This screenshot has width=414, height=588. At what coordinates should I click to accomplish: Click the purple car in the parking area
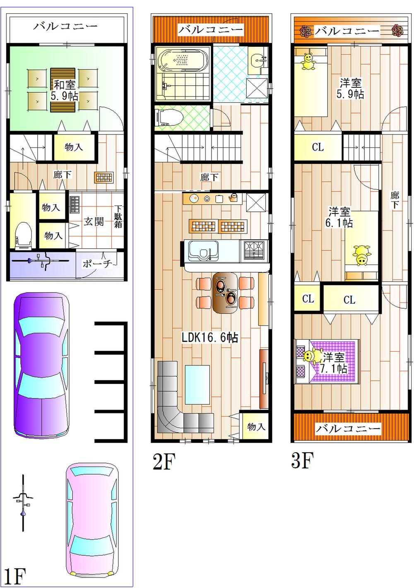[41, 366]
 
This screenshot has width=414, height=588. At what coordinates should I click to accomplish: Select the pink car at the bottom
[92, 519]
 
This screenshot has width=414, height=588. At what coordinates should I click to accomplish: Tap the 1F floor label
[15, 576]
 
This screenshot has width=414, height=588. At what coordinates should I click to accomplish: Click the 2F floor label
[164, 461]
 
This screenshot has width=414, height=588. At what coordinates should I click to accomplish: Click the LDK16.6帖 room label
[210, 338]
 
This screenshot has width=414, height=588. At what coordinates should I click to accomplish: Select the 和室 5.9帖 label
[64, 91]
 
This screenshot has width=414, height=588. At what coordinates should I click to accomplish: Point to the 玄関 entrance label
[94, 221]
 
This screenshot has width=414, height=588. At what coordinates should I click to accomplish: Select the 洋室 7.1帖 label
[334, 362]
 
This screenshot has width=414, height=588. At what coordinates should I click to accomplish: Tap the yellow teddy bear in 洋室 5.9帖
[308, 62]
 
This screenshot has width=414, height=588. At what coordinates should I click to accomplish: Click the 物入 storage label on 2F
[255, 427]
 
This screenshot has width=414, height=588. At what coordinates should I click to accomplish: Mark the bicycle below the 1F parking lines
[23, 503]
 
